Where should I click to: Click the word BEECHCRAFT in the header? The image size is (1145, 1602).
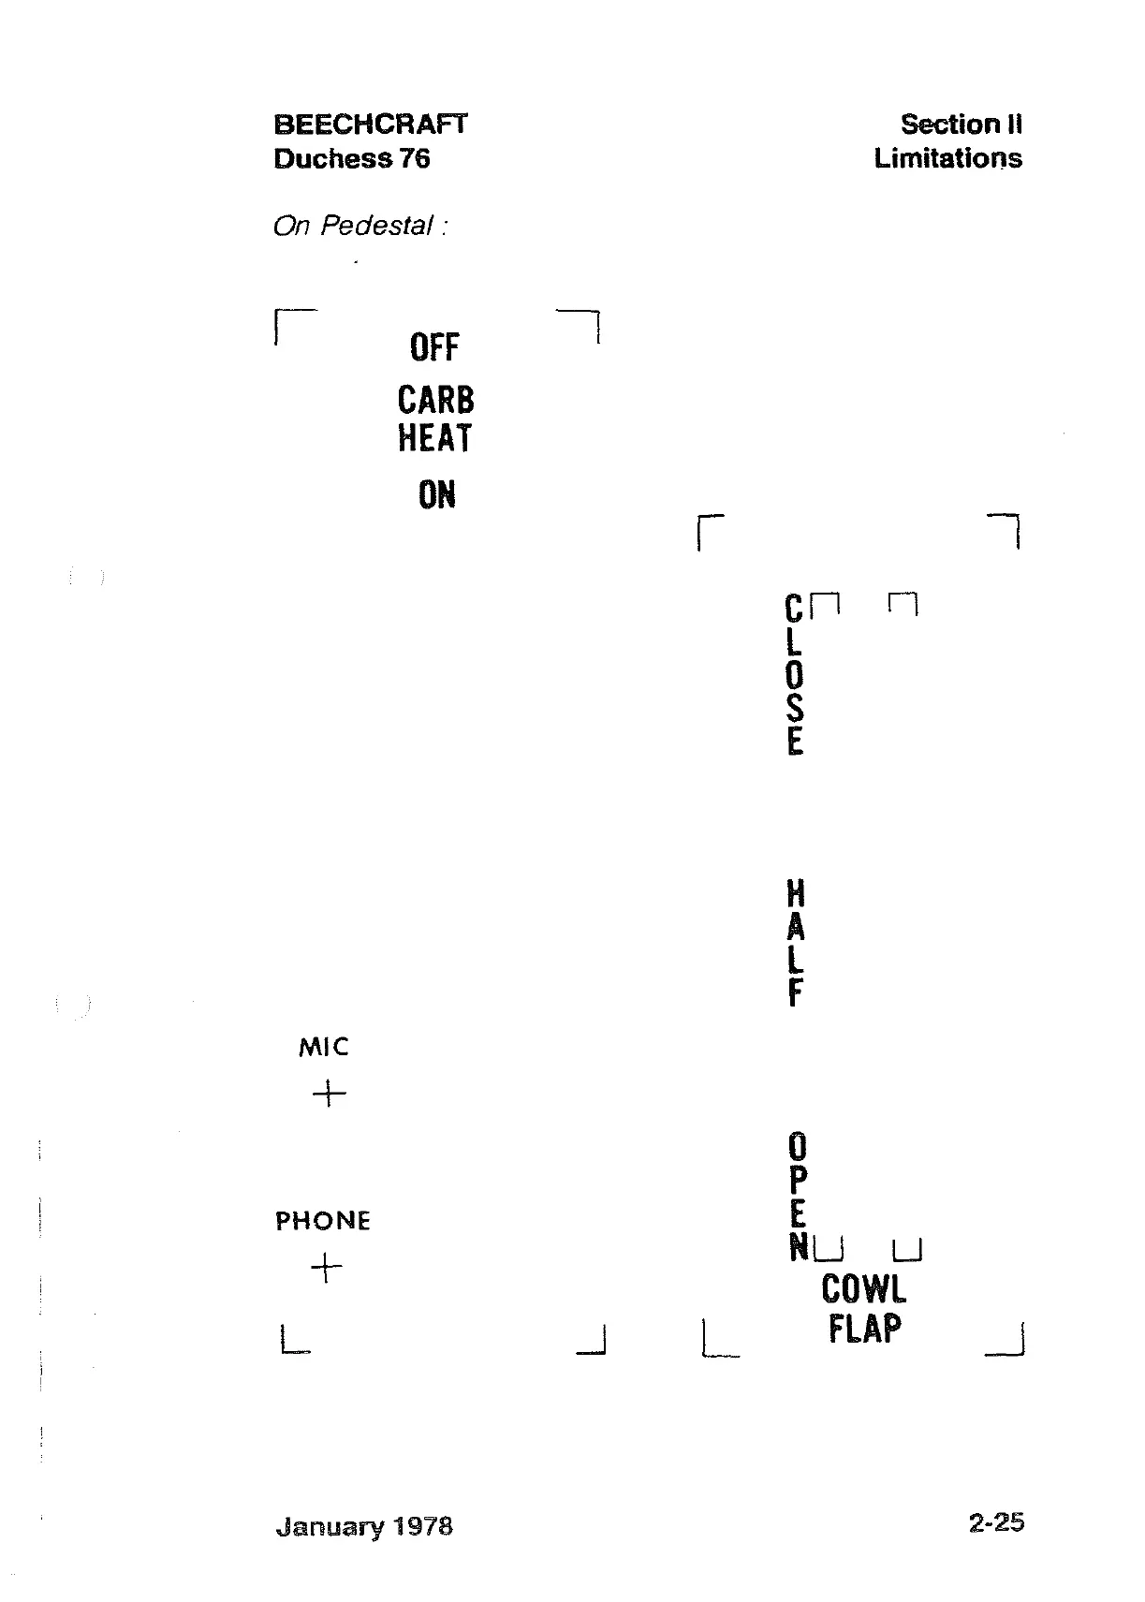pos(370,125)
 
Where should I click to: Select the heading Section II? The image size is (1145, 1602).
pos(961,125)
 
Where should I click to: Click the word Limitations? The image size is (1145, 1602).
pos(947,158)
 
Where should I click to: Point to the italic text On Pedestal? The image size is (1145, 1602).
pos(359,227)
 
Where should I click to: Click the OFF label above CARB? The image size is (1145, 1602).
pos(434,347)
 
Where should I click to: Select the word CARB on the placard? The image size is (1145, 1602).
pos(435,400)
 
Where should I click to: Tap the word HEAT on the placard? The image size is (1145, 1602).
pos(434,438)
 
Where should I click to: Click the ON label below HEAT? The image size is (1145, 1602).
pos(437,495)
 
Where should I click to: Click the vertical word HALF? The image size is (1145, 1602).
pos(795,943)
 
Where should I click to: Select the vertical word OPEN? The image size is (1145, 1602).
pos(797,1197)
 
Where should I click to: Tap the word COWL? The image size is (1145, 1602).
pos(863,1289)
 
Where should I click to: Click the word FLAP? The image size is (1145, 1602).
pos(864,1329)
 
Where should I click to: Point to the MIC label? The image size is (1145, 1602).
pos(323,1047)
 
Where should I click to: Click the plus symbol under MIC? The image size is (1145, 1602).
pos(329,1093)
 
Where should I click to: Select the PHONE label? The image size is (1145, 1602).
pos(323,1221)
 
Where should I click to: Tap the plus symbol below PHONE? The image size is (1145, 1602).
pos(326,1269)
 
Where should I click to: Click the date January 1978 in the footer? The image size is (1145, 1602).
pos(364,1526)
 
